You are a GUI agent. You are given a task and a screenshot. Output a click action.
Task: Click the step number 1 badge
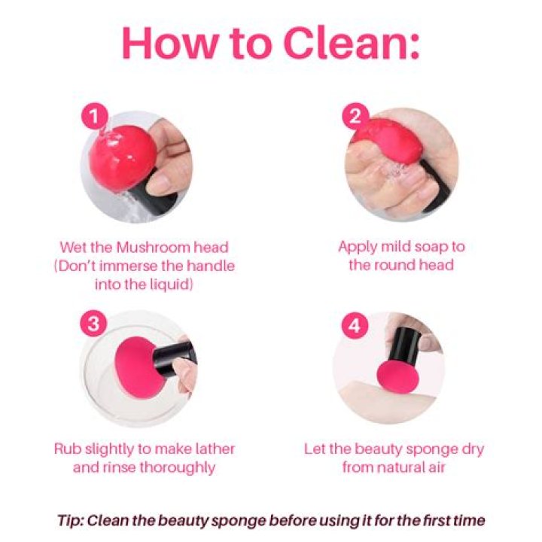coord(94,116)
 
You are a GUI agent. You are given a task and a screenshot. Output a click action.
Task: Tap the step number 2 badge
coord(355,116)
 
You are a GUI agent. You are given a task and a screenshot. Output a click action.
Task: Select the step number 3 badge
coord(93,324)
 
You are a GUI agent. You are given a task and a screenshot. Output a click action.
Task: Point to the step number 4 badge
coord(355,326)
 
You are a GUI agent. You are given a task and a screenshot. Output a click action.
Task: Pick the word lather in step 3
coord(215,449)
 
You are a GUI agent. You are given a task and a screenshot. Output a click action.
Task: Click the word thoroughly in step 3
coord(178,468)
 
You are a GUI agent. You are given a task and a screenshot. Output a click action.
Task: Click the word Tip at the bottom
coord(69,521)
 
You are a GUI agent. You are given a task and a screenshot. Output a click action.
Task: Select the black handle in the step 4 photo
coord(404,345)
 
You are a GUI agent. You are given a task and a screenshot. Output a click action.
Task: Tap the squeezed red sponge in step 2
coord(387,141)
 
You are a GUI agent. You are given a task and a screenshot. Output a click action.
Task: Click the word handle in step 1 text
coord(211,266)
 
